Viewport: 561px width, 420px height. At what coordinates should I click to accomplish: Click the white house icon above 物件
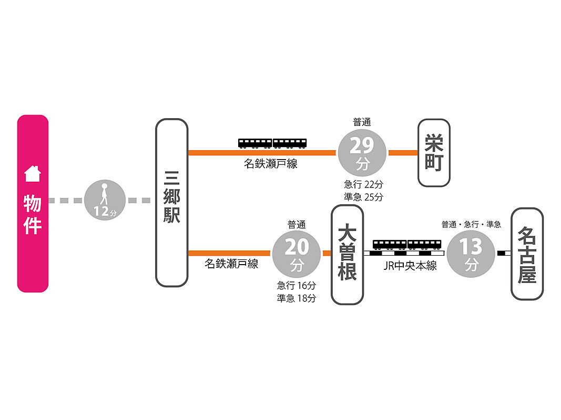(x=33, y=174)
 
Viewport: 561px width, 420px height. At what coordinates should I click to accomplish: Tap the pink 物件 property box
(x=33, y=204)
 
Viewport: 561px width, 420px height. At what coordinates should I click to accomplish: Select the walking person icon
(x=104, y=194)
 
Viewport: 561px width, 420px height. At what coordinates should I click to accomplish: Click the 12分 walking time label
(x=105, y=212)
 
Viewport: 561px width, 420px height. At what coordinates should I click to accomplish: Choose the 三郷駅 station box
(x=172, y=203)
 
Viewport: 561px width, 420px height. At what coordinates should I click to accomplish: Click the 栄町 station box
(x=434, y=153)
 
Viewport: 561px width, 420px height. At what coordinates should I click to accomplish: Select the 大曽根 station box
(x=348, y=255)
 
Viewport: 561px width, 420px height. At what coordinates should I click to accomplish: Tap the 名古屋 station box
(x=527, y=254)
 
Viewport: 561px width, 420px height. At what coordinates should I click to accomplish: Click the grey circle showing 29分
(x=362, y=153)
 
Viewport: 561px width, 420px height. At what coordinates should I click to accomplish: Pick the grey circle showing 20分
(x=297, y=254)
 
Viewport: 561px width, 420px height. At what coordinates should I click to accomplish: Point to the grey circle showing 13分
(x=471, y=254)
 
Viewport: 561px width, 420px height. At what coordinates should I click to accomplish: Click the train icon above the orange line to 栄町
(x=272, y=143)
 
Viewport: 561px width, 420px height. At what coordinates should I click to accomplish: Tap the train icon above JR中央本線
(x=407, y=245)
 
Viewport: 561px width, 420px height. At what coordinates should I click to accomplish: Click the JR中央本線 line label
(x=410, y=266)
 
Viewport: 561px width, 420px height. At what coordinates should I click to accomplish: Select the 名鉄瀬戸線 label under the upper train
(x=270, y=164)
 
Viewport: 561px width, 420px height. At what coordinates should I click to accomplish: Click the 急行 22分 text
(x=363, y=184)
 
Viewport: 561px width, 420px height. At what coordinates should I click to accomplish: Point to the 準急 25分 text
(x=363, y=197)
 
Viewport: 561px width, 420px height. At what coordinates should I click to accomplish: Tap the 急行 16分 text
(x=297, y=286)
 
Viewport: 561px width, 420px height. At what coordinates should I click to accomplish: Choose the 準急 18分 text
(x=297, y=298)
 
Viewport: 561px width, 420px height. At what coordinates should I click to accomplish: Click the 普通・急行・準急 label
(x=471, y=224)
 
